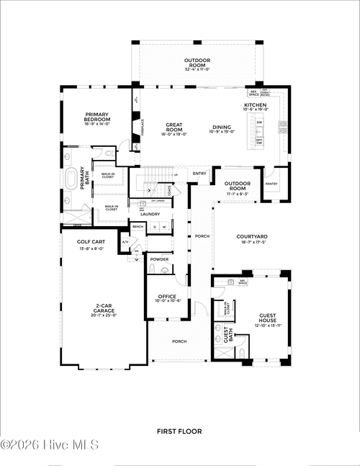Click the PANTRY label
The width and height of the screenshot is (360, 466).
[x=271, y=184]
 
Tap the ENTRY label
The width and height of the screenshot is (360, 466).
[x=199, y=173]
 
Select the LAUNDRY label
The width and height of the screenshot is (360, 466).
[x=150, y=214]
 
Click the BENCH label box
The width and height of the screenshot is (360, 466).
[x=138, y=227]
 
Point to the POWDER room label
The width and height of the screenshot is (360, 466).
[x=159, y=259]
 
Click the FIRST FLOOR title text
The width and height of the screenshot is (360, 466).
[x=179, y=431]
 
